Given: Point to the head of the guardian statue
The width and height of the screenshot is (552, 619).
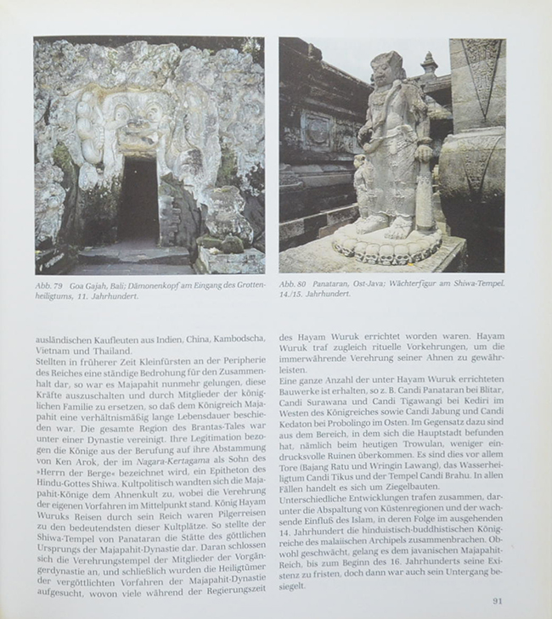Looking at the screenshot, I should [x=387, y=71].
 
